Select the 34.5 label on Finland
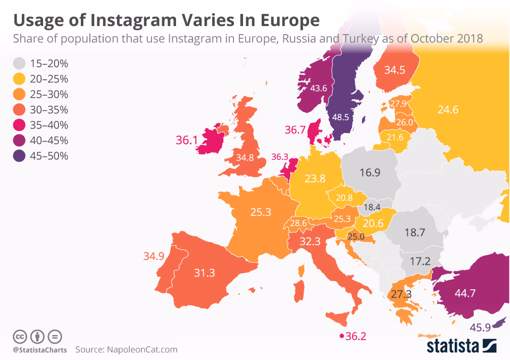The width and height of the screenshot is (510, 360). [395, 70]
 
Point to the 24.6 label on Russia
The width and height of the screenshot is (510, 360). [448, 111]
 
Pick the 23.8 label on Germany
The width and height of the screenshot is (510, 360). [315, 179]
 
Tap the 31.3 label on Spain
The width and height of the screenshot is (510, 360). [204, 273]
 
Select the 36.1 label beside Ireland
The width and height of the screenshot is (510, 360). [187, 140]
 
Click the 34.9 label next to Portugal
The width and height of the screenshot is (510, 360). [154, 256]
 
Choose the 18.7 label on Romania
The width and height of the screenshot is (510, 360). [414, 233]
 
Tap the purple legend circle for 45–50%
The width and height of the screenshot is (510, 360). [20, 156]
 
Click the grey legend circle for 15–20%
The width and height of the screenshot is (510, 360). [20, 64]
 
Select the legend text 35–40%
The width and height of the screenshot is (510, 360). [49, 125]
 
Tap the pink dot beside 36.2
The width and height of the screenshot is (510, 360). [341, 336]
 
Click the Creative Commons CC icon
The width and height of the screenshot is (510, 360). [20, 336]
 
